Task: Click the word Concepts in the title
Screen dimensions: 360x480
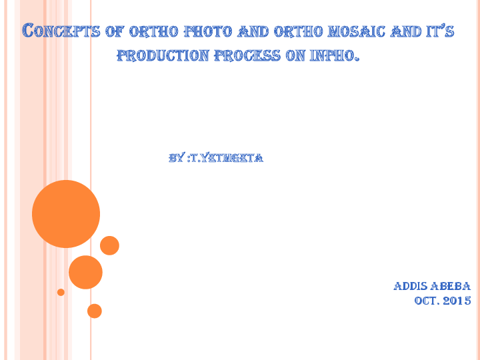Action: click(x=61, y=31)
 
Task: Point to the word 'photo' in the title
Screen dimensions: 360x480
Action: click(x=208, y=31)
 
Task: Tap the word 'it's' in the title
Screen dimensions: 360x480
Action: click(x=439, y=31)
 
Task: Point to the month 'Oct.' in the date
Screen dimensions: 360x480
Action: click(x=427, y=301)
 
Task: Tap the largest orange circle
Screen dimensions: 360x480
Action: click(x=66, y=214)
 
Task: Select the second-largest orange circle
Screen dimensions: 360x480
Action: click(x=85, y=272)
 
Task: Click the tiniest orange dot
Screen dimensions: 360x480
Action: click(x=61, y=292)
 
